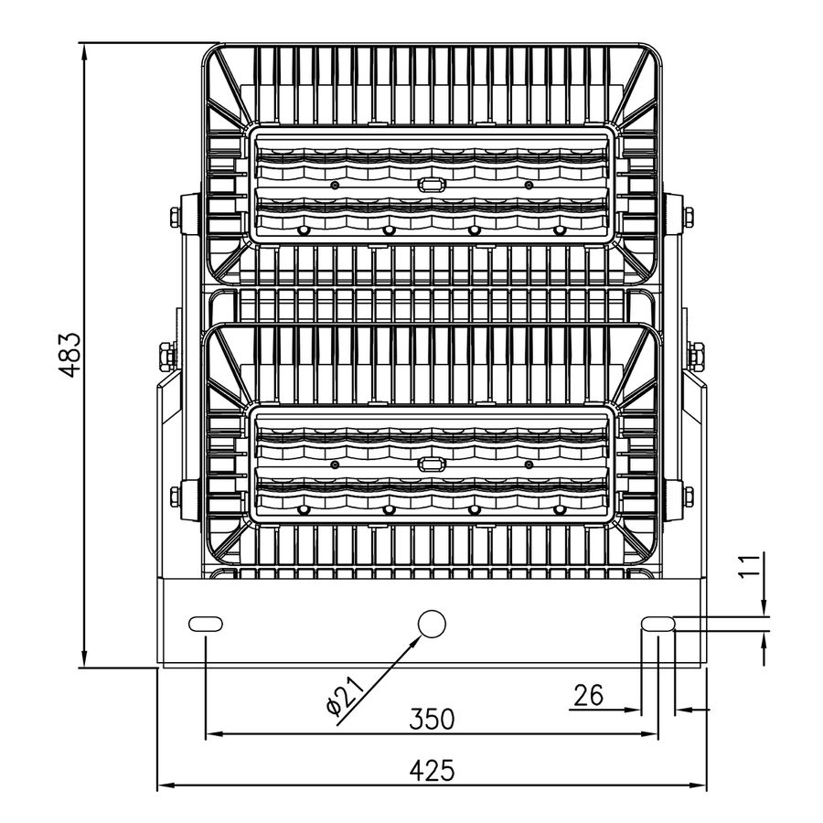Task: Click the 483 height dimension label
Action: [x=70, y=355]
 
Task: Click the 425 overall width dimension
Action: [x=432, y=771]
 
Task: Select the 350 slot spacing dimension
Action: [x=432, y=719]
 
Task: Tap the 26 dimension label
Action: [x=588, y=696]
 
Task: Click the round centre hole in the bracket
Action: [x=432, y=624]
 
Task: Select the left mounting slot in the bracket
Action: [x=205, y=624]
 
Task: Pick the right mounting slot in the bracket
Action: [x=658, y=624]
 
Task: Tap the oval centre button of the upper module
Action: [x=431, y=184]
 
